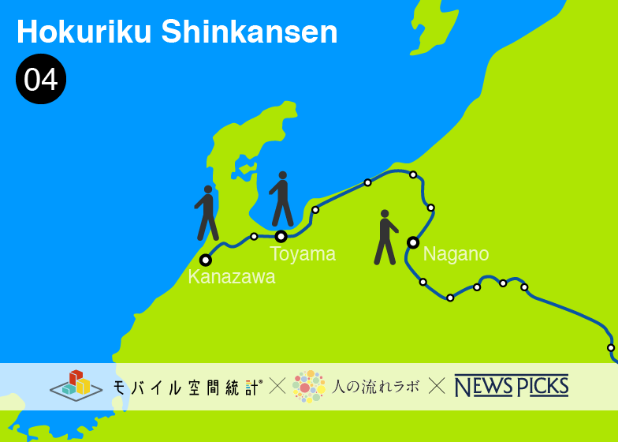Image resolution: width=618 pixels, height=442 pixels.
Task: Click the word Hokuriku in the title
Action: tap(84, 32)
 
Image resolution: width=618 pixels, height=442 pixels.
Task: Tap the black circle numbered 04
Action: tap(41, 79)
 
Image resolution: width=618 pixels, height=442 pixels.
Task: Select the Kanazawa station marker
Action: tap(206, 260)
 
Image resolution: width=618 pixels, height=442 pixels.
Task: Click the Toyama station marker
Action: tap(281, 236)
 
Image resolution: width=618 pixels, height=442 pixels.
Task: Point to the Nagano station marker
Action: tap(412, 242)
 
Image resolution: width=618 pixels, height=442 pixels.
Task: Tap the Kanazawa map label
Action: tap(232, 277)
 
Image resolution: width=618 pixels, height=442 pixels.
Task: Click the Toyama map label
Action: tap(303, 254)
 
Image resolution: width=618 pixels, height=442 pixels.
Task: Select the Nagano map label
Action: tap(456, 254)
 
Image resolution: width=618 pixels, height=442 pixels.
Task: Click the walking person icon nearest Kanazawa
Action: tap(207, 213)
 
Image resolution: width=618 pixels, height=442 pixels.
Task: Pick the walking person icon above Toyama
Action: tap(281, 199)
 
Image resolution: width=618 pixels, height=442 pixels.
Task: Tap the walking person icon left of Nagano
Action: tap(385, 237)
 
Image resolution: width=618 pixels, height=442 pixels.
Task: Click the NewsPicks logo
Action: tap(511, 386)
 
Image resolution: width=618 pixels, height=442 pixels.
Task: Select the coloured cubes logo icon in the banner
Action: tap(76, 385)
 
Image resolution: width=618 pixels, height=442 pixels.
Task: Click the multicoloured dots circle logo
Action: tap(308, 386)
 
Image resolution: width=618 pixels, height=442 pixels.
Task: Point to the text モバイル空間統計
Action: tap(187, 387)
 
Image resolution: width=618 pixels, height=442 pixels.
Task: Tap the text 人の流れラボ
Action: tap(375, 387)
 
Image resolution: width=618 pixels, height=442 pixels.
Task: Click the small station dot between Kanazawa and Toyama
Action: tap(254, 236)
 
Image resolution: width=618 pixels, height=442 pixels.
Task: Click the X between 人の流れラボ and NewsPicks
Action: tap(437, 386)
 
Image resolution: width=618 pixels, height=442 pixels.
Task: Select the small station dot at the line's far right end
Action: tap(611, 347)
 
